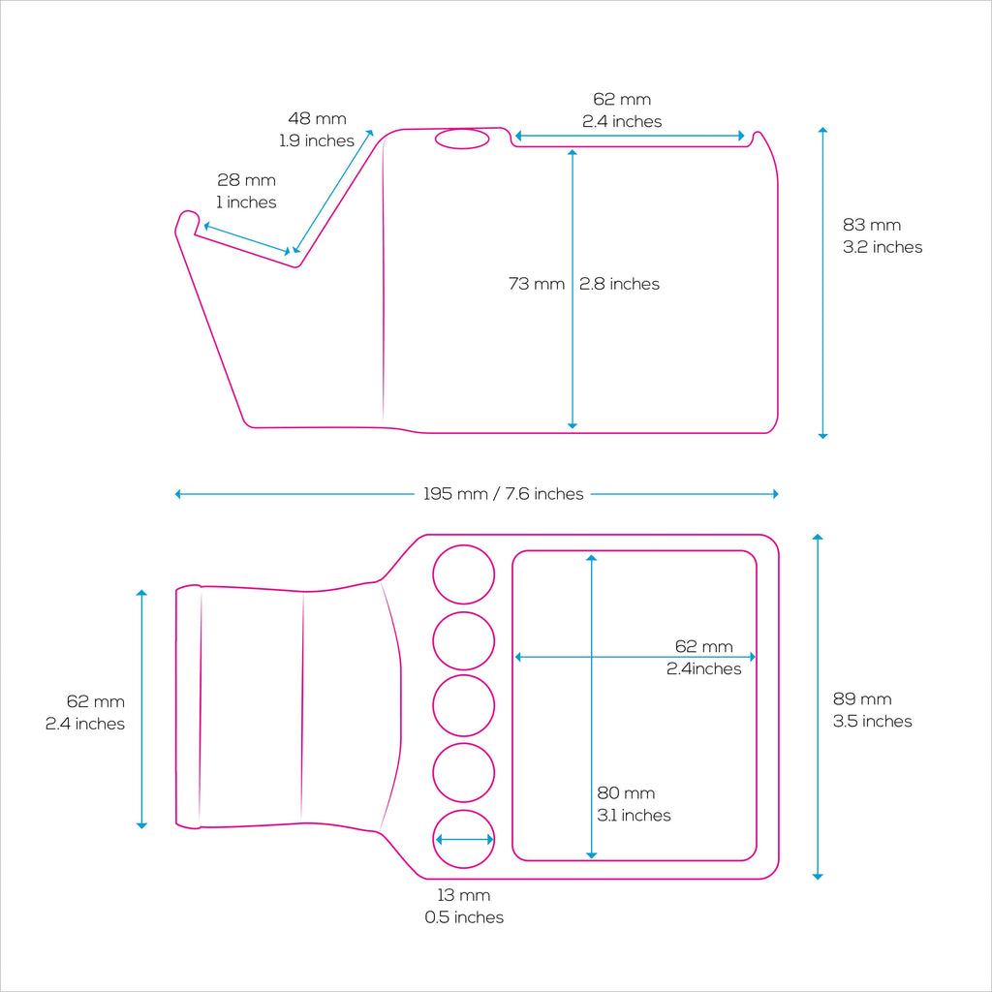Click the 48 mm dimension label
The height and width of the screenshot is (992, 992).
[x=317, y=129]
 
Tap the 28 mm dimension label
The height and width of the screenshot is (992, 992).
[x=247, y=191]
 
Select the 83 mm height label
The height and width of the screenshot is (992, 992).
[x=883, y=235]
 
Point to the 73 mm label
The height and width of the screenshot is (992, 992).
[x=537, y=284]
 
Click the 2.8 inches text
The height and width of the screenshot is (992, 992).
[x=619, y=284]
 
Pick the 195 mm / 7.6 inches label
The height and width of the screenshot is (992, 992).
[x=503, y=494]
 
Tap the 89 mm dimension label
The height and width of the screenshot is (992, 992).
[x=873, y=710]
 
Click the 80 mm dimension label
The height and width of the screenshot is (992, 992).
[x=634, y=804]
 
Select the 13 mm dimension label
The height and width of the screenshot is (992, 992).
[x=464, y=906]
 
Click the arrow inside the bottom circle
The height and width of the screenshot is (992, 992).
[x=464, y=840]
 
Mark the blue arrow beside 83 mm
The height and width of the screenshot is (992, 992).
[x=822, y=283]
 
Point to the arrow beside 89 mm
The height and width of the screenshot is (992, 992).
[x=818, y=706]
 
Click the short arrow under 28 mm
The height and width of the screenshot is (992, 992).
[x=247, y=238]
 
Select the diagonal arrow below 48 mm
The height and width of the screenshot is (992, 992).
[x=333, y=192]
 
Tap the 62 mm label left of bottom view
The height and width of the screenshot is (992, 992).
[x=85, y=712]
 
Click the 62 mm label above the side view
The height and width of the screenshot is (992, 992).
[x=622, y=110]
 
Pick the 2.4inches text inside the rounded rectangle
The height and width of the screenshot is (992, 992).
[x=703, y=668]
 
